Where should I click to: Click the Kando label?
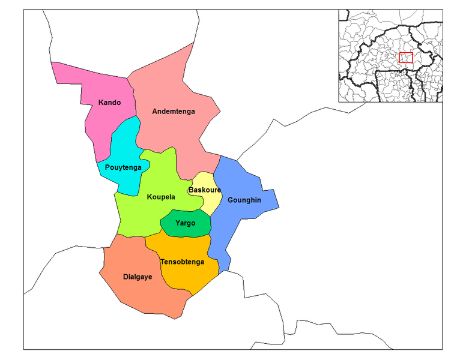(109, 103)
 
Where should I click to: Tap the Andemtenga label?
(174, 112)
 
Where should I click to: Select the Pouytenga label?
(123, 167)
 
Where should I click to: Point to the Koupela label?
(160, 197)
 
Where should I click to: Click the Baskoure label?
(204, 190)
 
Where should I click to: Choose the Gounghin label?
(244, 200)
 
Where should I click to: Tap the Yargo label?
(185, 223)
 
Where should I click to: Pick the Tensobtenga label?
(182, 262)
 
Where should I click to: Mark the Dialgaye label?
(138, 277)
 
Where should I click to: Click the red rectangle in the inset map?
(406, 58)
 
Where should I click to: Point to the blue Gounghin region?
(240, 180)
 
